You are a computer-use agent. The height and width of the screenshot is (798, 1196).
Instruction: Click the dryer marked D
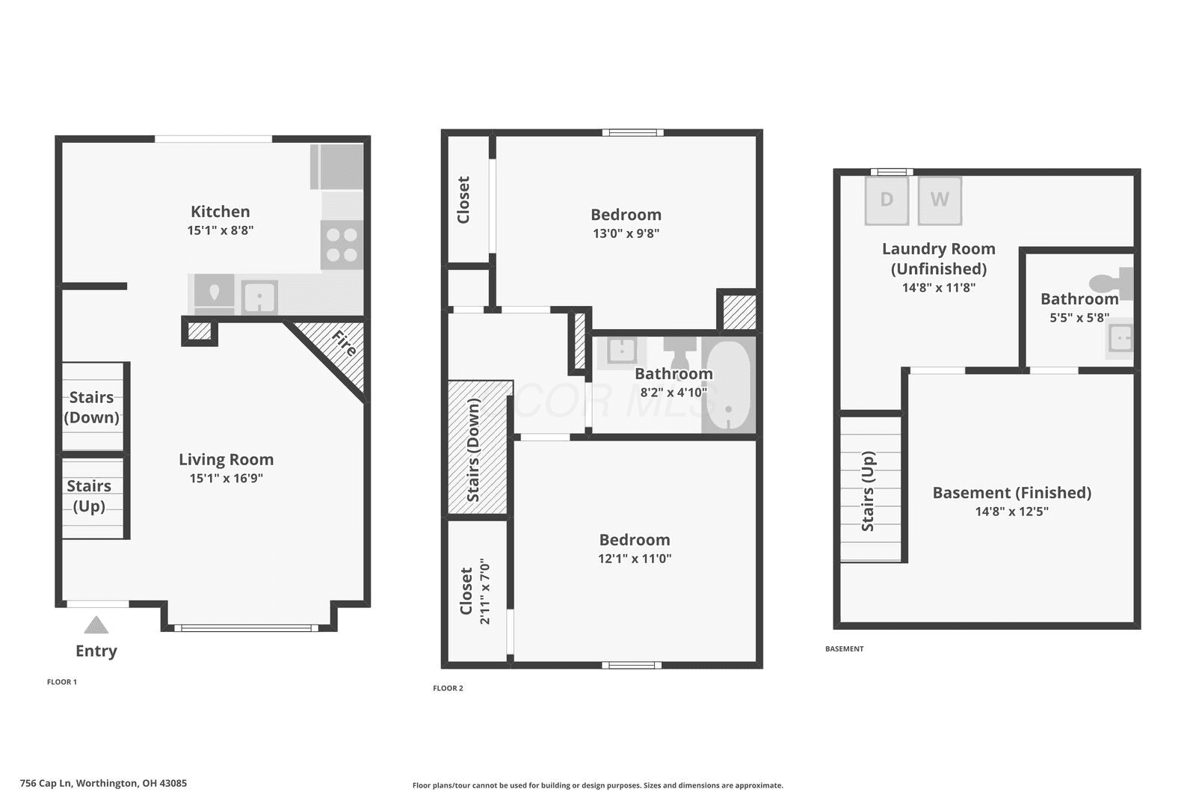[887, 200]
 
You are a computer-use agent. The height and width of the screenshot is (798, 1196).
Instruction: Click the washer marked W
[940, 200]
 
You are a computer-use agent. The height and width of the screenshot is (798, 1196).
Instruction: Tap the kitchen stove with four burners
[342, 245]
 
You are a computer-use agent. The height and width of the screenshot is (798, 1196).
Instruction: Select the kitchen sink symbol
[259, 297]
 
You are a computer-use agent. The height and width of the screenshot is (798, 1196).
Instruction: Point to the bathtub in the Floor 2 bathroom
[728, 384]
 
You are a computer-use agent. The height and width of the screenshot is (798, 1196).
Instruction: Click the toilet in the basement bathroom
[1112, 283]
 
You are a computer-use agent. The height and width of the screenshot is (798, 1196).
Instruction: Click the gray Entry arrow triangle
[96, 624]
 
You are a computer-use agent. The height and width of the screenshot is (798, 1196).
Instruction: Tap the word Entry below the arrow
[96, 651]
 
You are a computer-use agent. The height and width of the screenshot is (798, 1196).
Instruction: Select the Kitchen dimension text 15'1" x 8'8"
[220, 230]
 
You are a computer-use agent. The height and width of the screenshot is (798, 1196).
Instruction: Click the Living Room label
[226, 459]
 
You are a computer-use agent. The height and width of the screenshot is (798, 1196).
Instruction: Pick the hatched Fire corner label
[344, 343]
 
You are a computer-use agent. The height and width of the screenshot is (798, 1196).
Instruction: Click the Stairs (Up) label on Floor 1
[89, 496]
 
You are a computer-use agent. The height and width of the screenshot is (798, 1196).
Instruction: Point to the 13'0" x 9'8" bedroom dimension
[626, 233]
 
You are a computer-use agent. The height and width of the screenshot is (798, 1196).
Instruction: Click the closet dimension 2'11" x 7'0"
[485, 592]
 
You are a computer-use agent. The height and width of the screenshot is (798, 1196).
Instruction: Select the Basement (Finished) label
[1012, 492]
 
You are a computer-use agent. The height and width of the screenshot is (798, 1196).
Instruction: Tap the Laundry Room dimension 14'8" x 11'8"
[939, 288]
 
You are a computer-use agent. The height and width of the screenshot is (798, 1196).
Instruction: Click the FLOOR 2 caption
[448, 688]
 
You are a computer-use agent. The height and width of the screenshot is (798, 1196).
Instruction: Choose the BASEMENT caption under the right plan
[844, 648]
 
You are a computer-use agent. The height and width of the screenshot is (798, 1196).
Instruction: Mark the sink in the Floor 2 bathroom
[621, 351]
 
